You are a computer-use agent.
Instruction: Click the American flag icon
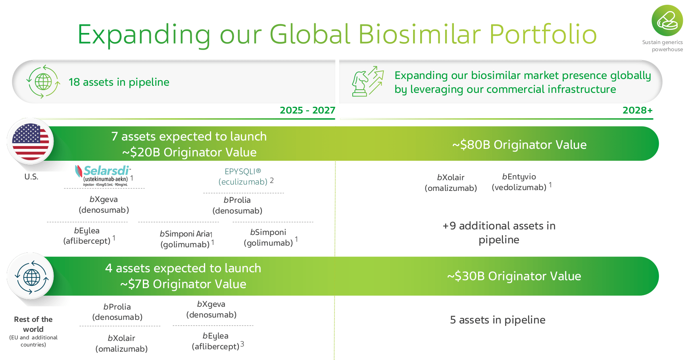[x=31, y=142]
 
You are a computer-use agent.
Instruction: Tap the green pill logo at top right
[x=667, y=21]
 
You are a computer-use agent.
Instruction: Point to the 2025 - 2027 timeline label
[x=307, y=110]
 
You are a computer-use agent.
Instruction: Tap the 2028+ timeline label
[x=637, y=110]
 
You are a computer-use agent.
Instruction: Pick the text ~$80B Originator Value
[x=519, y=145]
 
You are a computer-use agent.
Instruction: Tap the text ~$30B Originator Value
[x=514, y=276]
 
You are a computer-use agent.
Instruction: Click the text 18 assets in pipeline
[x=119, y=82]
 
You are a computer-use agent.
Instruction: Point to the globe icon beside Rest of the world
[x=31, y=277]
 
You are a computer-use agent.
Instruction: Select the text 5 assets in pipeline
[x=498, y=320]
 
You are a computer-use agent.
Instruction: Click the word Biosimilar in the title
[x=419, y=34]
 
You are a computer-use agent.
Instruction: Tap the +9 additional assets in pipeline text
[x=499, y=233]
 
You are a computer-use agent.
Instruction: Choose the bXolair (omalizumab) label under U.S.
[x=451, y=183]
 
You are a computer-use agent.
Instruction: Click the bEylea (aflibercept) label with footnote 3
[x=217, y=341]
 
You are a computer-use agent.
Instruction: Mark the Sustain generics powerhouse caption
[x=663, y=46]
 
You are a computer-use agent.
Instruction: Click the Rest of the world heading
[x=33, y=324]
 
